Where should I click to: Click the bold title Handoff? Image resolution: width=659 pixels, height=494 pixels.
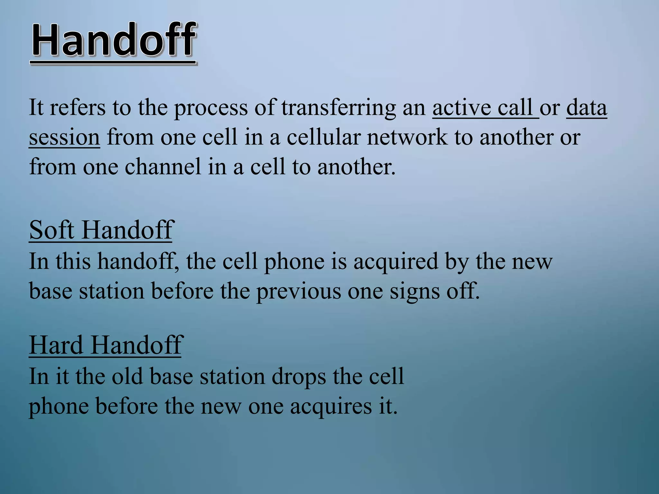[x=113, y=41]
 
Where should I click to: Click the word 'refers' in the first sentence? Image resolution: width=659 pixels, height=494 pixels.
[x=77, y=108]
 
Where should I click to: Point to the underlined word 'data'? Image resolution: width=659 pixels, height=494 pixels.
[x=586, y=108]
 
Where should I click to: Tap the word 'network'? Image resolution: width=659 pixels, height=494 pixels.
[x=407, y=137]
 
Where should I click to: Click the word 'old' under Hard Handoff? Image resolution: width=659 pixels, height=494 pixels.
[x=127, y=376]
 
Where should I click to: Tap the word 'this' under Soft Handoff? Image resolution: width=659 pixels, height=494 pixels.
[x=73, y=261]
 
